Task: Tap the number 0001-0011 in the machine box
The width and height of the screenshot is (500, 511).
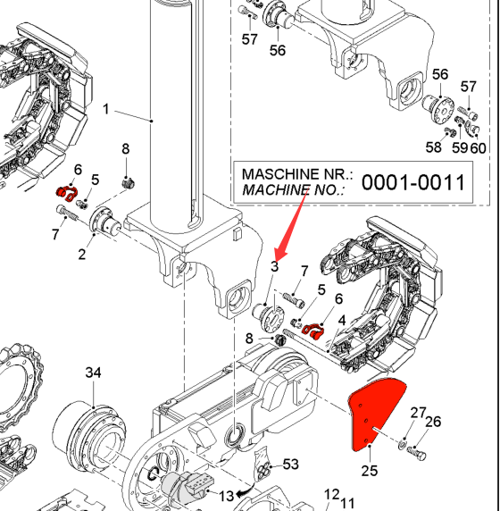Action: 413,182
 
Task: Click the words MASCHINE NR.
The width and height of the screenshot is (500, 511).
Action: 297,174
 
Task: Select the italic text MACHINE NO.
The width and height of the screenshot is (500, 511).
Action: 293,189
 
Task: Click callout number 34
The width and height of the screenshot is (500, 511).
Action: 93,373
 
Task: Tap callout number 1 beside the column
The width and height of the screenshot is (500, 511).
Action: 105,109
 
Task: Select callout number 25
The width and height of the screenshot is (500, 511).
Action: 370,471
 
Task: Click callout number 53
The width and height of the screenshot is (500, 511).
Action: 290,464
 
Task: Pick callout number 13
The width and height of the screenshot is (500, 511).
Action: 226,496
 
